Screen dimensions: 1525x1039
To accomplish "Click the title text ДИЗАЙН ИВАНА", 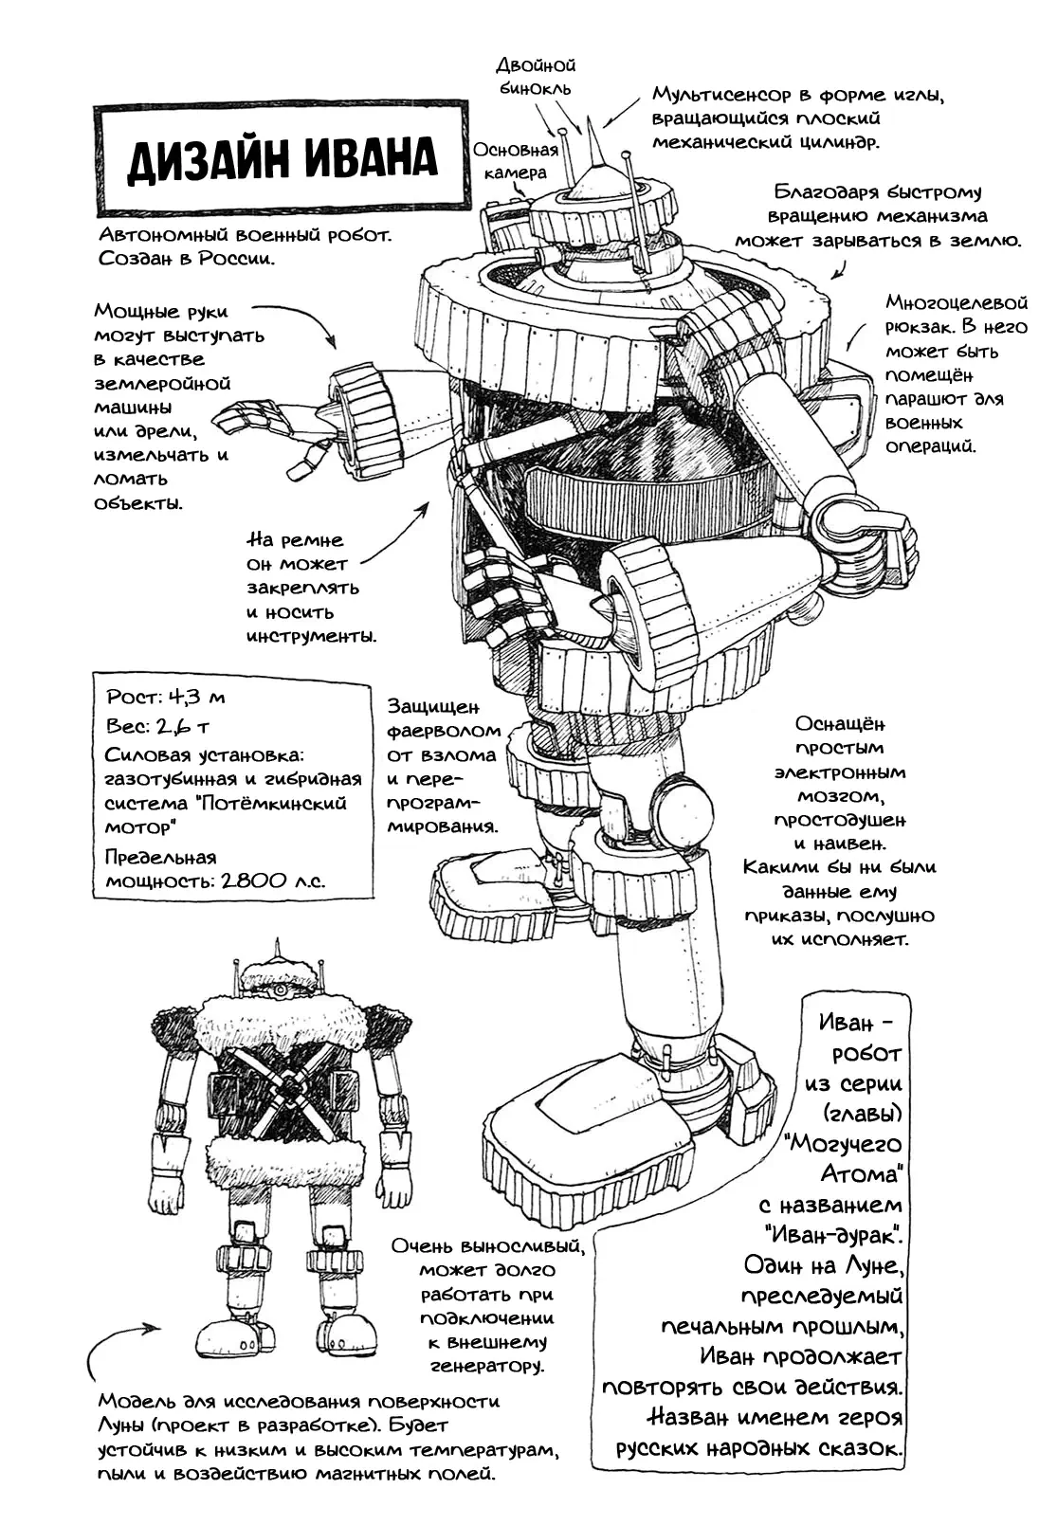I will tap(282, 158).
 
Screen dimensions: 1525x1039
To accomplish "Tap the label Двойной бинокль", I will tap(536, 77).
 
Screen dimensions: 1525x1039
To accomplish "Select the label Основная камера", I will tap(515, 160).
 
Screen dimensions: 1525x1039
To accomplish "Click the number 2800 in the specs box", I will tap(253, 881).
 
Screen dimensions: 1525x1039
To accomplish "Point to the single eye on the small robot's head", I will tap(279, 991).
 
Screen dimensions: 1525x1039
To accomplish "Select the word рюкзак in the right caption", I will tap(918, 327).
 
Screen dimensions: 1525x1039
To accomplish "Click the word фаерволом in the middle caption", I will tap(444, 731).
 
